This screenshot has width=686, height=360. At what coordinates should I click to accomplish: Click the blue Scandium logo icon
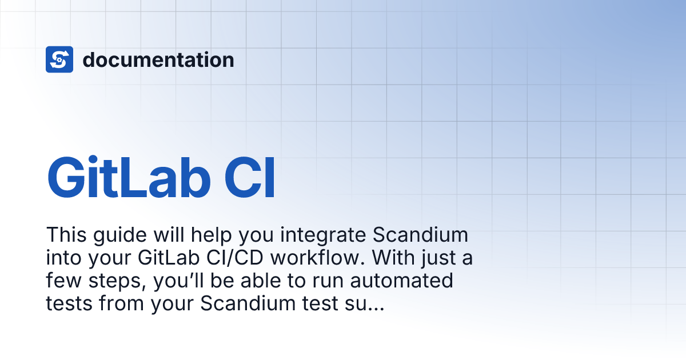(x=59, y=59)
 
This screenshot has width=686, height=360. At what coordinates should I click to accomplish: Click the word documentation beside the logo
(x=158, y=59)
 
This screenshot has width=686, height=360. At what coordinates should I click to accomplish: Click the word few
(x=62, y=281)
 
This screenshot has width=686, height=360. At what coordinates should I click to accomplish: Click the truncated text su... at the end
(x=364, y=303)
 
